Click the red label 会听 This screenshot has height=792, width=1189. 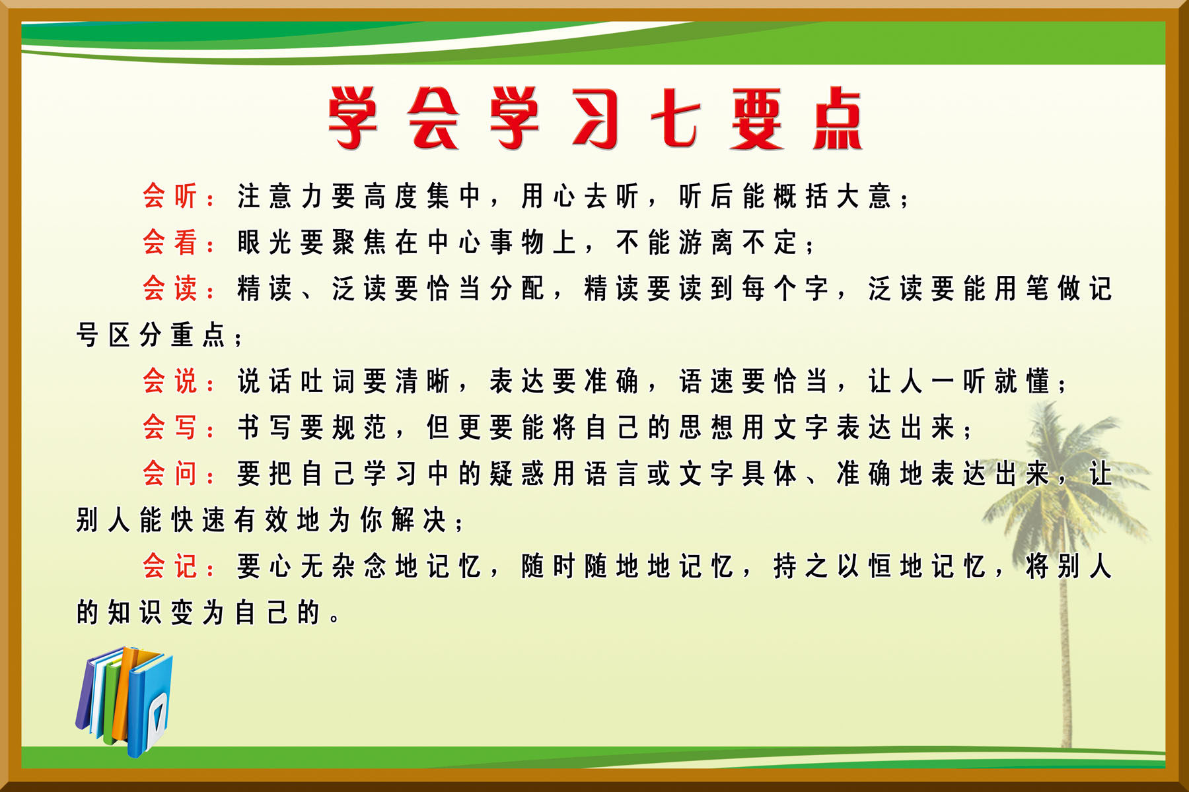tap(170, 196)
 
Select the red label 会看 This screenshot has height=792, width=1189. tap(170, 242)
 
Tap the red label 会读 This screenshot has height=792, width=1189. tap(170, 288)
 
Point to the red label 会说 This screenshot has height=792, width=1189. tap(170, 381)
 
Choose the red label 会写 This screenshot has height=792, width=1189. tap(170, 427)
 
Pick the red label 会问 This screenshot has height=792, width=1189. tap(170, 473)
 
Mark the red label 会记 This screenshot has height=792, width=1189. tap(170, 566)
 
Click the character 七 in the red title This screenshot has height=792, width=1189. tap(675, 119)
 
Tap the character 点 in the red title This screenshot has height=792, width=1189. tap(837, 119)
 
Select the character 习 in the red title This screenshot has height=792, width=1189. tap(594, 119)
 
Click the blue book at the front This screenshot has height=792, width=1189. tap(151, 703)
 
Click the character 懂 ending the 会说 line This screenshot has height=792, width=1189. tap(1037, 381)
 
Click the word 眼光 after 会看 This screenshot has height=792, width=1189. tap(264, 242)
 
